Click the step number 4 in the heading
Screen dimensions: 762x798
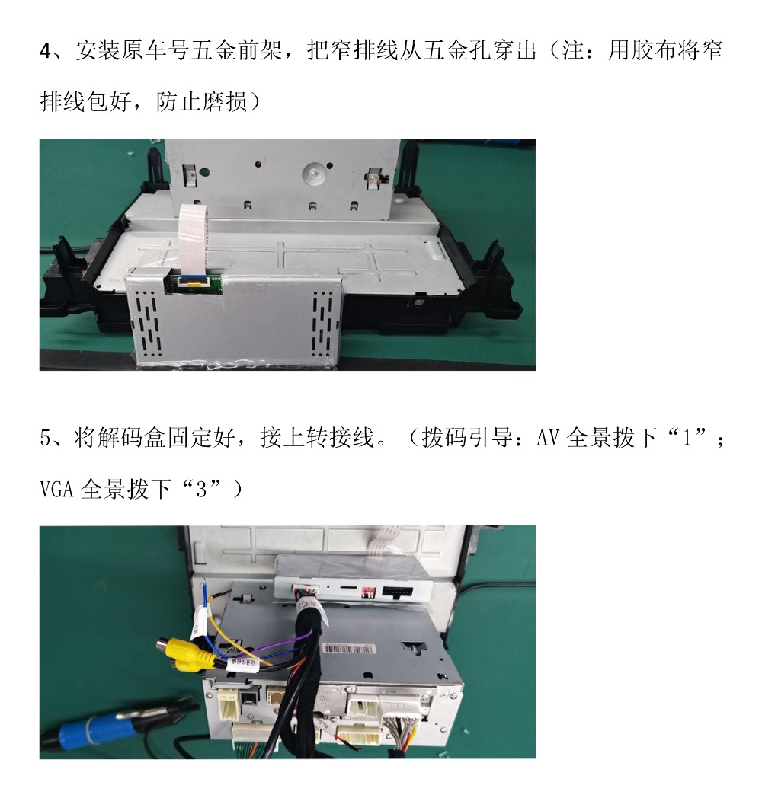[45, 52]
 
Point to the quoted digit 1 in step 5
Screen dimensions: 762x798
[687, 438]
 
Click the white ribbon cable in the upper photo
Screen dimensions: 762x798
[194, 238]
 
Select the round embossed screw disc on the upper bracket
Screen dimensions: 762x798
[313, 174]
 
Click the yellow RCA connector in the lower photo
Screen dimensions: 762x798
[182, 650]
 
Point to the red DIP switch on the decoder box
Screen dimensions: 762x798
[368, 592]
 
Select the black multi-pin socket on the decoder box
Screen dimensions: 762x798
[398, 592]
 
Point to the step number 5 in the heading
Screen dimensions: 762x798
[45, 438]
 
